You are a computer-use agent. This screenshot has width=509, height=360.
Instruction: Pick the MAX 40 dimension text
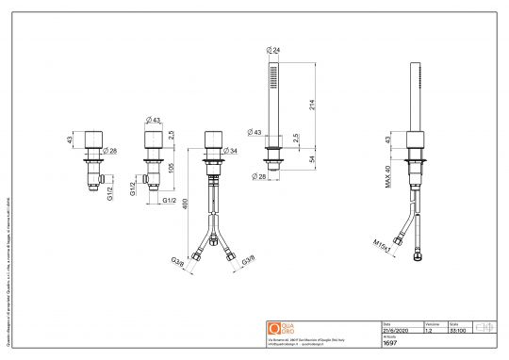pos(388,177)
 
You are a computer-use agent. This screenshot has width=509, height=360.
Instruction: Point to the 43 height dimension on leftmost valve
pos(69,140)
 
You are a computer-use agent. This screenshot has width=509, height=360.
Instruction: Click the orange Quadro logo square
pos(275,327)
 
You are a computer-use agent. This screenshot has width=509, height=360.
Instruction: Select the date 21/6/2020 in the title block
pos(395,330)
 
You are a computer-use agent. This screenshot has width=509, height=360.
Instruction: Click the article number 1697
pos(389,343)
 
